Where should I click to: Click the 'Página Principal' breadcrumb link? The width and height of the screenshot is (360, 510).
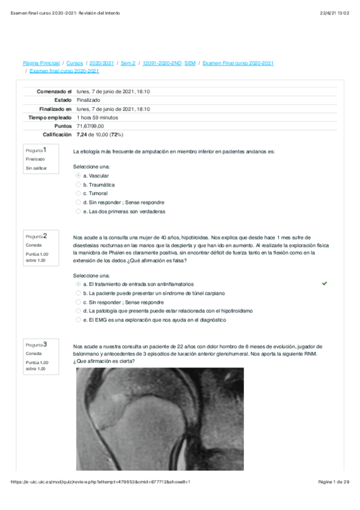[x=41, y=63]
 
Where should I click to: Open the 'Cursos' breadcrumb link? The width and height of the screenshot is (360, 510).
[x=75, y=63]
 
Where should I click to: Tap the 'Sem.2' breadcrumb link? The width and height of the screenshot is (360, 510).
[x=128, y=63]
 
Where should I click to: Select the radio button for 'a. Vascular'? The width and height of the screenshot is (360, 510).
[x=78, y=176]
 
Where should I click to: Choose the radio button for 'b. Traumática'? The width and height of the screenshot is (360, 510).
[x=78, y=185]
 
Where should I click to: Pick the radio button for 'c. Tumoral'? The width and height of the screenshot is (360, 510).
[x=78, y=194]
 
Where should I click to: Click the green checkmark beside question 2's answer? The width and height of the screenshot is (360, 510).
[x=325, y=283]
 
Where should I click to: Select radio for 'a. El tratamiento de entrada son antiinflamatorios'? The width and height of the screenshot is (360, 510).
[x=78, y=284]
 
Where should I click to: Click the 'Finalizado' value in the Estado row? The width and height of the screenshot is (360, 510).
[x=88, y=100]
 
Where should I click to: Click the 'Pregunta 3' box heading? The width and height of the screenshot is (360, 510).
[x=36, y=345]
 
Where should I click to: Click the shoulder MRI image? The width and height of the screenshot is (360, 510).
[x=160, y=419]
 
